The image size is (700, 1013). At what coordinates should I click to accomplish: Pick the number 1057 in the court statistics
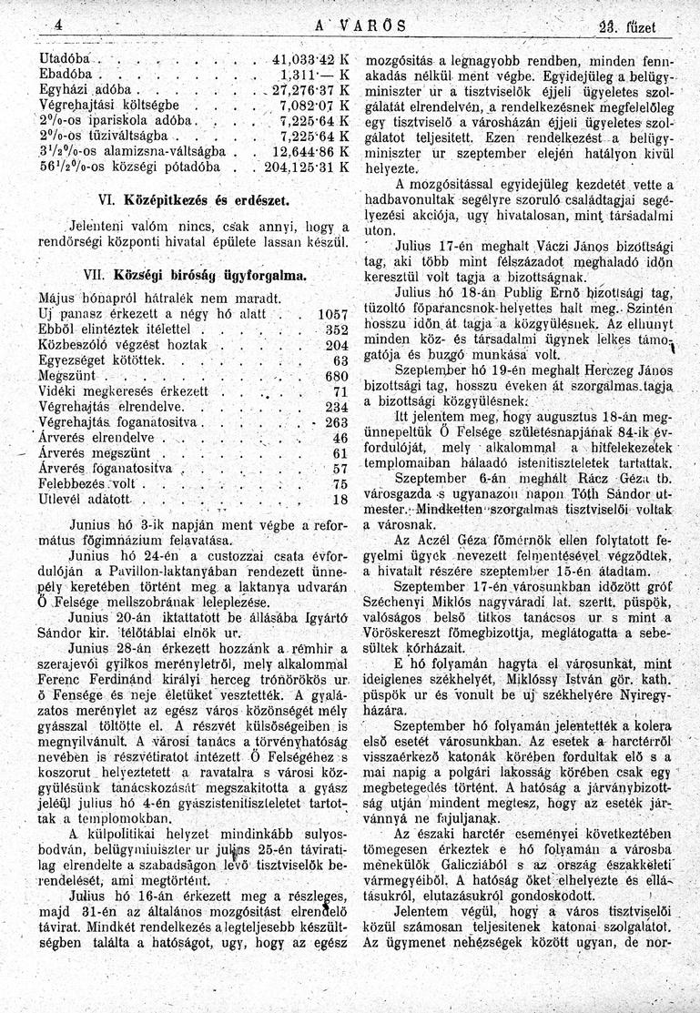[x=331, y=314]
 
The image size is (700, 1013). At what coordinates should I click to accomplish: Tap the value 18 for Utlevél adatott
[x=341, y=500]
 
